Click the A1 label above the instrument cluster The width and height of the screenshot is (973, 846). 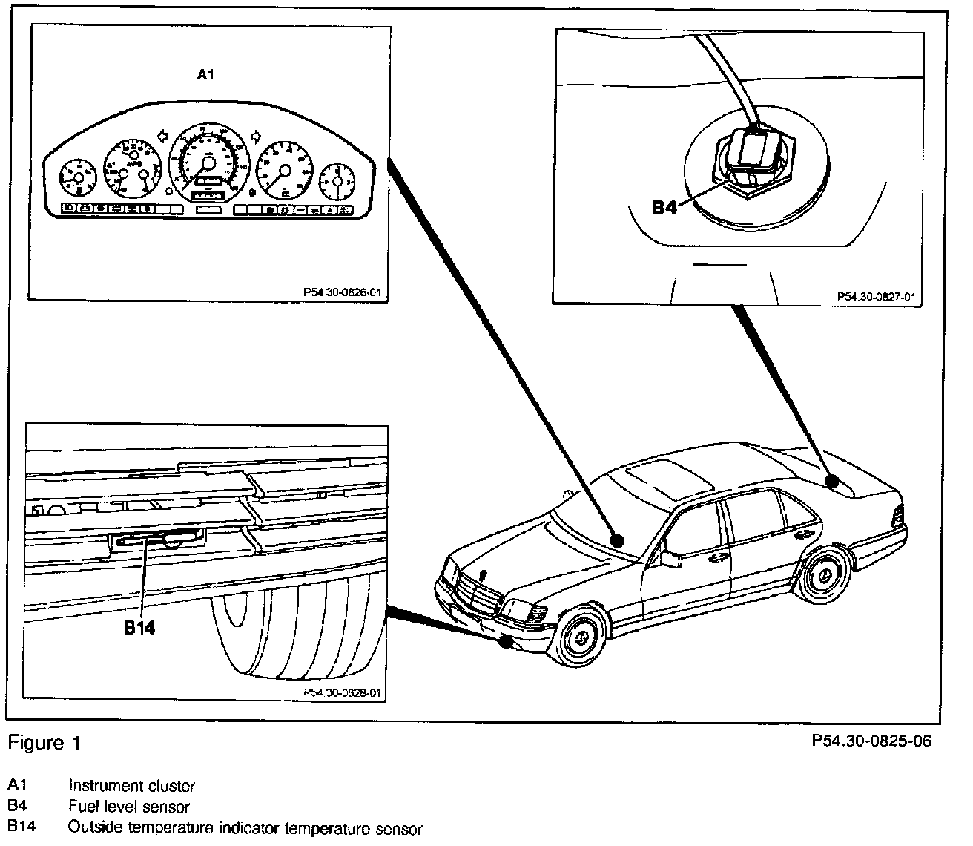point(205,74)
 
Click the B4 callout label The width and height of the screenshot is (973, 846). point(664,208)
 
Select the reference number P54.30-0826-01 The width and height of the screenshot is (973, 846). point(342,292)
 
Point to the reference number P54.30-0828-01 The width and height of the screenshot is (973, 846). point(342,692)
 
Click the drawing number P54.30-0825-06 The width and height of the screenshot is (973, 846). point(871,741)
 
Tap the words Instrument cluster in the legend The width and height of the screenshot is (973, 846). point(132,785)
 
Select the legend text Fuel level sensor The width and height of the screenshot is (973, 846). point(129,807)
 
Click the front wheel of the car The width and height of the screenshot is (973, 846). point(582,639)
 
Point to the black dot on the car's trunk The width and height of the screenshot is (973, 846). point(834,482)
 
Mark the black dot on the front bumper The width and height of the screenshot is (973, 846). point(507,642)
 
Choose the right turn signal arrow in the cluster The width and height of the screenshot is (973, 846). point(257,135)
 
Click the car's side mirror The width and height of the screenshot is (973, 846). point(671,558)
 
